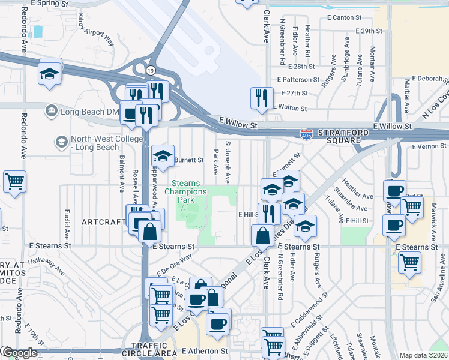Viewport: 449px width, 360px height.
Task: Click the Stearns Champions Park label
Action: tap(189, 192)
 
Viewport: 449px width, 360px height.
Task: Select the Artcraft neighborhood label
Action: tap(103, 222)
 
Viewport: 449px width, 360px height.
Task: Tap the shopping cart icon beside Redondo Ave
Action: tap(14, 181)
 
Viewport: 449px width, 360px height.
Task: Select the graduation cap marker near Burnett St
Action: tap(162, 157)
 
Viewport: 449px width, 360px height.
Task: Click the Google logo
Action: tap(19, 353)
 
